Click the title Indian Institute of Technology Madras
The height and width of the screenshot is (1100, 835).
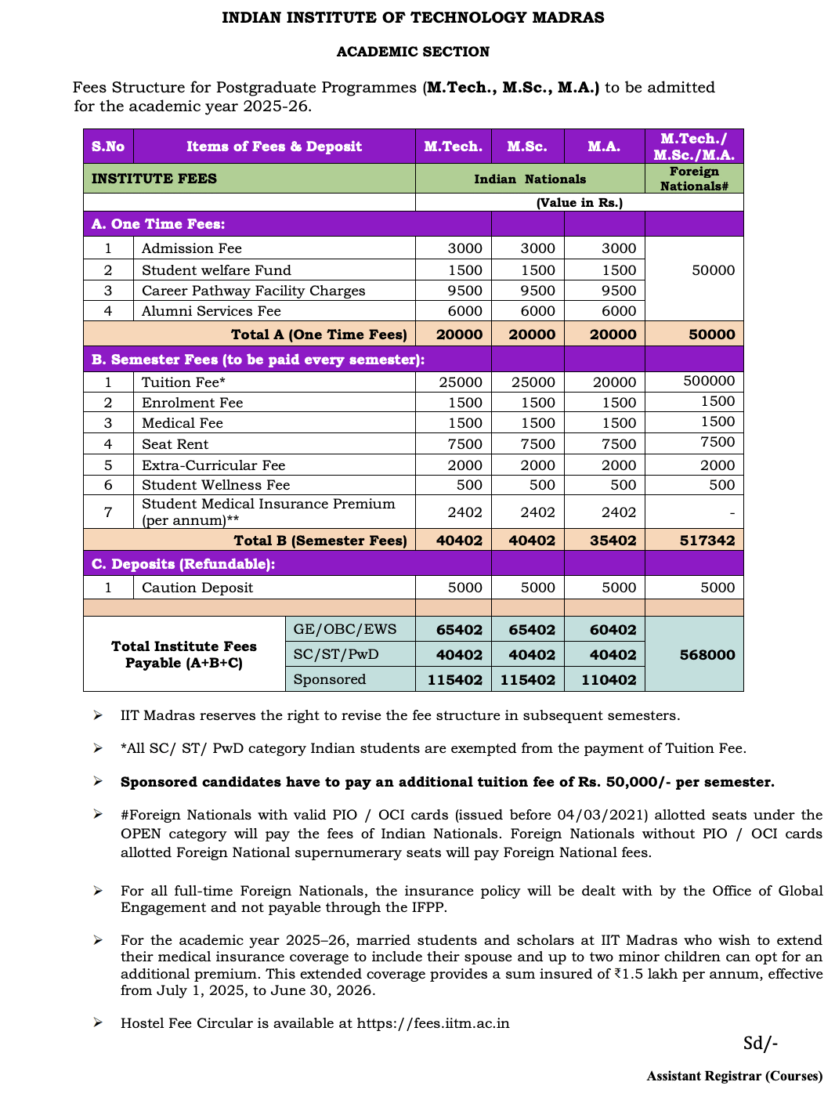click(x=413, y=17)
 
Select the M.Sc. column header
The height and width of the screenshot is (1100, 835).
click(x=527, y=147)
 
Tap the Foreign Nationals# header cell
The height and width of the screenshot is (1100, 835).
click(x=694, y=179)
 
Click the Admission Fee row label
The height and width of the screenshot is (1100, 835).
click(x=192, y=248)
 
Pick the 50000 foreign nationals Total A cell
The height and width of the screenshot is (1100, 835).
click(x=711, y=335)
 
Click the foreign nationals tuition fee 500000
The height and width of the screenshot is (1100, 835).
click(x=709, y=381)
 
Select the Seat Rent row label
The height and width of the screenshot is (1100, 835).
click(x=175, y=444)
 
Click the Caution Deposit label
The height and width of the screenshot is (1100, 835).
click(x=197, y=588)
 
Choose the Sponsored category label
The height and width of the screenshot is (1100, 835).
click(x=329, y=679)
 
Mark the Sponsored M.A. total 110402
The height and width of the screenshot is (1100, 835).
click(x=609, y=680)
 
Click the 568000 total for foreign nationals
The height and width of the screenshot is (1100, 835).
click(x=707, y=655)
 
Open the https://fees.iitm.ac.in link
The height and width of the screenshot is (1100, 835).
click(x=433, y=1023)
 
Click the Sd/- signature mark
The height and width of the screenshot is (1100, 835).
click(x=760, y=1044)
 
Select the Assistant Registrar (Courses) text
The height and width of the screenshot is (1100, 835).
click(x=734, y=1076)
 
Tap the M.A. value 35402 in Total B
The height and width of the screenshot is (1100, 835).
click(x=613, y=541)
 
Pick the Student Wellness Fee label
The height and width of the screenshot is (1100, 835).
click(x=215, y=485)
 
